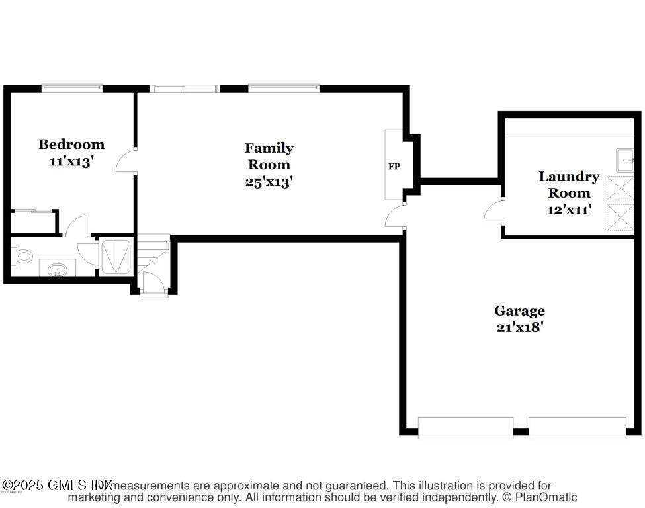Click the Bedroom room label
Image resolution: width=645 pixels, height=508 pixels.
pyautogui.click(x=71, y=144)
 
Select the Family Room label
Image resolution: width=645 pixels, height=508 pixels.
pyautogui.click(x=269, y=156)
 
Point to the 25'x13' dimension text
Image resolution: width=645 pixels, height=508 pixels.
pyautogui.click(x=269, y=182)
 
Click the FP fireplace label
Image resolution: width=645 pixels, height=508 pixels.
pyautogui.click(x=394, y=166)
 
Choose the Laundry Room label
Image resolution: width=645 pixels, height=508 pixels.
pyautogui.click(x=568, y=185)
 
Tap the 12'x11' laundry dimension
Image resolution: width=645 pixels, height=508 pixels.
pyautogui.click(x=568, y=210)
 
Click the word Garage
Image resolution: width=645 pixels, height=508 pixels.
pyautogui.click(x=519, y=310)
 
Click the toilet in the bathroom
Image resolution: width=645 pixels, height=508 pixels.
pyautogui.click(x=24, y=257)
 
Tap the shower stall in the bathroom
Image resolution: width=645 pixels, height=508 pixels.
pyautogui.click(x=116, y=256)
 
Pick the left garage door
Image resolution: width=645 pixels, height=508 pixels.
pyautogui.click(x=465, y=428)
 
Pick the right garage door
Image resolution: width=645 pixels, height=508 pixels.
pyautogui.click(x=577, y=428)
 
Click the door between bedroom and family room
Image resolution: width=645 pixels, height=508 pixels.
pyautogui.click(x=127, y=161)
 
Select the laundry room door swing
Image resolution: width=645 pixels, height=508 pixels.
pyautogui.click(x=494, y=212)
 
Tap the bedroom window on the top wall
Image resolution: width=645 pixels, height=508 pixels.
pyautogui.click(x=72, y=87)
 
